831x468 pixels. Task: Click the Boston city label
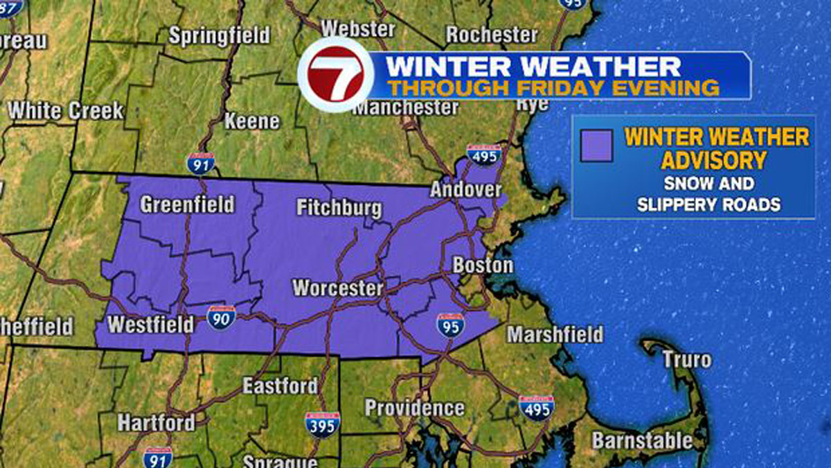pyautogui.click(x=483, y=266)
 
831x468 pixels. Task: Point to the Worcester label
pyautogui.click(x=337, y=288)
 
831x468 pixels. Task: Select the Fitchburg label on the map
pyautogui.click(x=339, y=208)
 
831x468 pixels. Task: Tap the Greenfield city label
pyautogui.click(x=187, y=205)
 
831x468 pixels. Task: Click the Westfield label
pyautogui.click(x=150, y=324)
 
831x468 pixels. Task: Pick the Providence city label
pyautogui.click(x=414, y=408)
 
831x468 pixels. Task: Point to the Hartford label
pyautogui.click(x=156, y=422)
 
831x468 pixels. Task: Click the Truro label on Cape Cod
pyautogui.click(x=686, y=360)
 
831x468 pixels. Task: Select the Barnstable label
pyautogui.click(x=642, y=440)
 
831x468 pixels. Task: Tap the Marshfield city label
pyautogui.click(x=555, y=335)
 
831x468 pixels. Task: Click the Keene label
pyautogui.click(x=252, y=121)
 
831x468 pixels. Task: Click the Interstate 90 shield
pyautogui.click(x=222, y=316)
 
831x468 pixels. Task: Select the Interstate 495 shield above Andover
pyautogui.click(x=483, y=157)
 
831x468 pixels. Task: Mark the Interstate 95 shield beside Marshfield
pyautogui.click(x=450, y=324)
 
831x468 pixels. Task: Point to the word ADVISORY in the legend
pyautogui.click(x=713, y=160)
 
